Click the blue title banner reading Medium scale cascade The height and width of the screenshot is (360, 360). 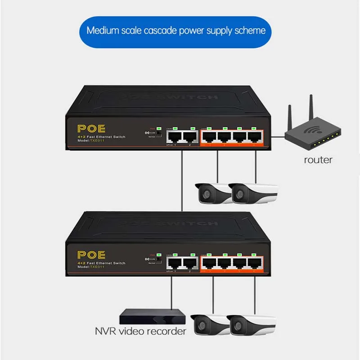point(176,31)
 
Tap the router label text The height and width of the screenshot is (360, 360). point(318,159)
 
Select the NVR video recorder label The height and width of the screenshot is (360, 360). point(140,332)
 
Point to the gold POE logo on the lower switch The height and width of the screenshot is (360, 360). point(92,255)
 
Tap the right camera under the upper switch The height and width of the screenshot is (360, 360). point(253,192)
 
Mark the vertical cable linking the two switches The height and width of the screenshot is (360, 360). point(182,180)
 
